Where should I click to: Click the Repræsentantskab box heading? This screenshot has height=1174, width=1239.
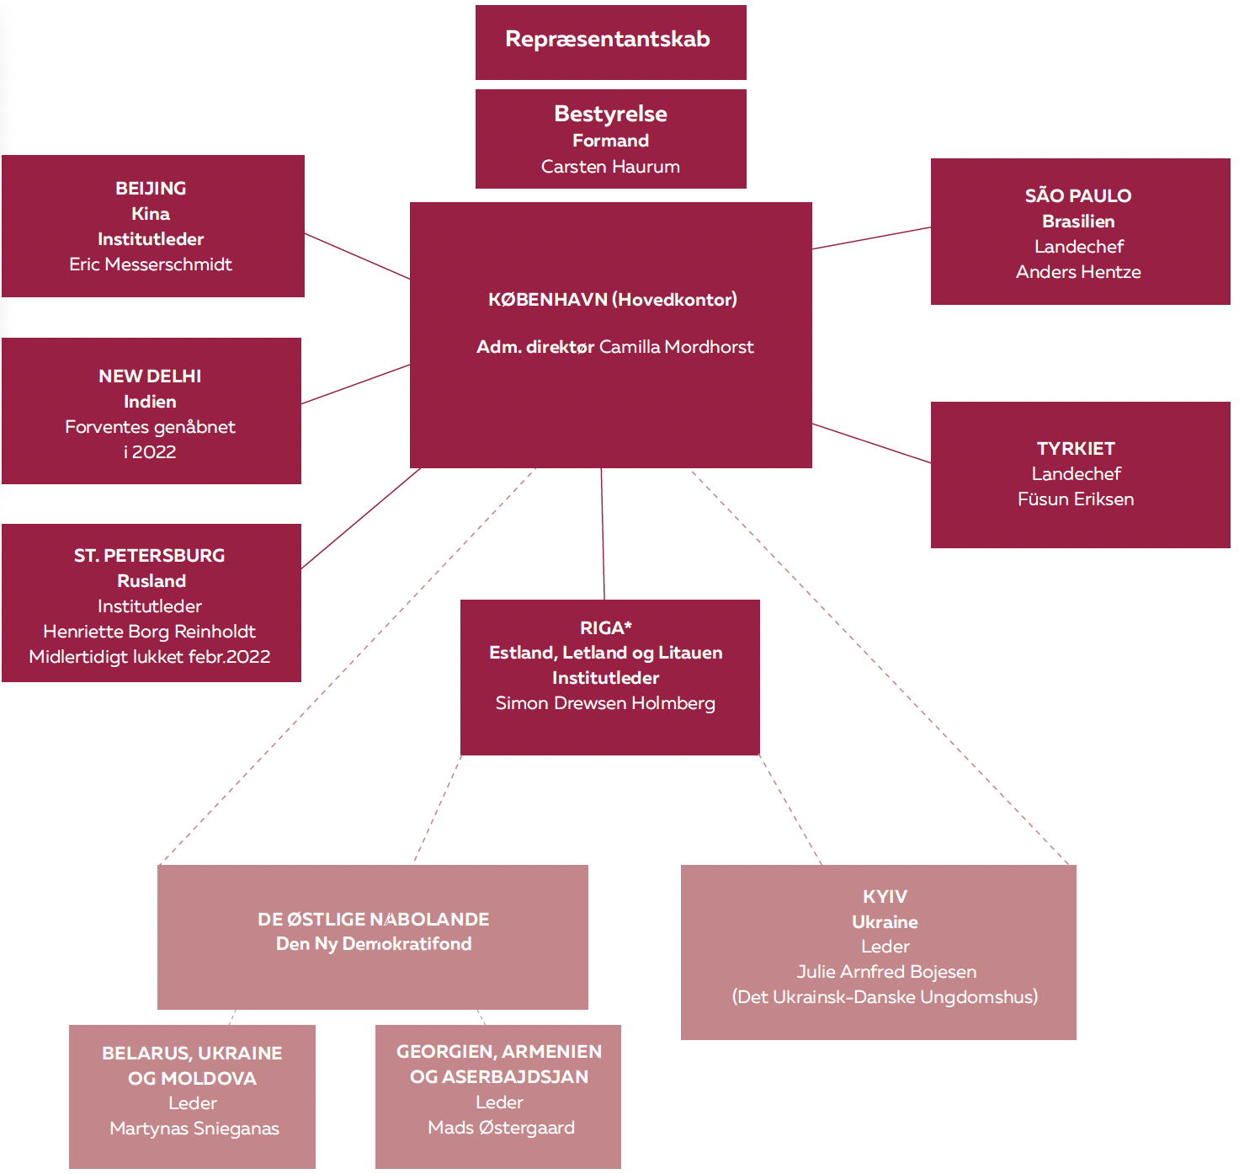608,40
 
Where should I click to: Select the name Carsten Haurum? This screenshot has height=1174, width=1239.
610,167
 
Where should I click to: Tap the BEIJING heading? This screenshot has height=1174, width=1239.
151,188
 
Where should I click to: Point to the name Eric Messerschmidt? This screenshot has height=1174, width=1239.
151,264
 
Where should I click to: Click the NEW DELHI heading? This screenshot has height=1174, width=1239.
150,376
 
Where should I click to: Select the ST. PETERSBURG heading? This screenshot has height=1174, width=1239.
149,555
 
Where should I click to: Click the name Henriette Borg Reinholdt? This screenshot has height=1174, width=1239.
149,631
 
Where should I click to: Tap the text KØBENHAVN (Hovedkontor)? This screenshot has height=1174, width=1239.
613,299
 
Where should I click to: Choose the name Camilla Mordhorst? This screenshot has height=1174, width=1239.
676,346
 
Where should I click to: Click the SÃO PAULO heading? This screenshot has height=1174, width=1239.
1078,195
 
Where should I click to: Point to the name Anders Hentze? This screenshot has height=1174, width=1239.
1078,271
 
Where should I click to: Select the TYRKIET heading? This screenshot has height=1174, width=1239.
1076,449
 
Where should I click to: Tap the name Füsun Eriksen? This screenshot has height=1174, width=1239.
1076,499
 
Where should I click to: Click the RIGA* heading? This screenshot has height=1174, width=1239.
606,627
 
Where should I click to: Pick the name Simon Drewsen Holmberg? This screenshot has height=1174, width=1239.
606,702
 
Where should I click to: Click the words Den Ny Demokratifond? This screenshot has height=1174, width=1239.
374,943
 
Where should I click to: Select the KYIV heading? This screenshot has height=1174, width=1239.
885,896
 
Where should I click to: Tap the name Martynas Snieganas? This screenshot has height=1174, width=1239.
194,1128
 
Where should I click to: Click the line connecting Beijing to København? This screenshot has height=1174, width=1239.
358,256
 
